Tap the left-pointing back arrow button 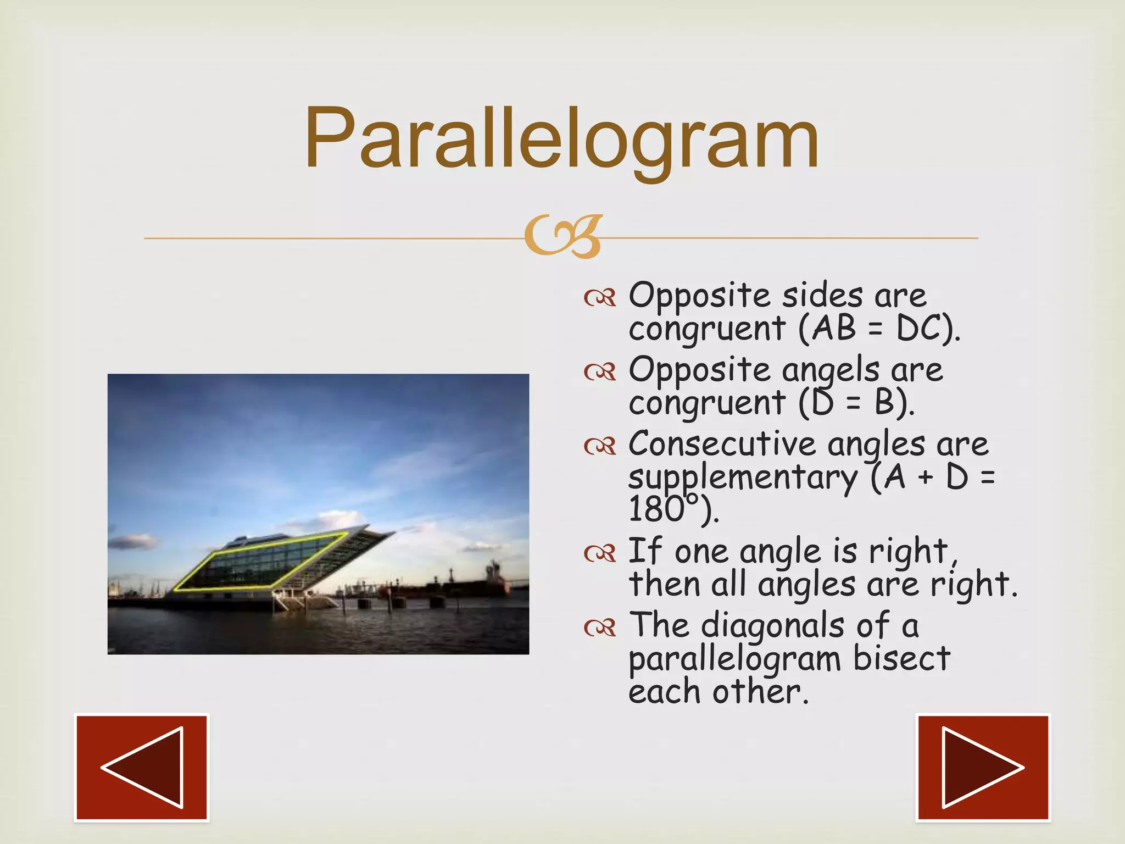142,768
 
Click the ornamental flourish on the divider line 563,237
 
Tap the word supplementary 743,477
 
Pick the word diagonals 772,626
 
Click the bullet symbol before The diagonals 600,628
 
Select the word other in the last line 761,691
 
